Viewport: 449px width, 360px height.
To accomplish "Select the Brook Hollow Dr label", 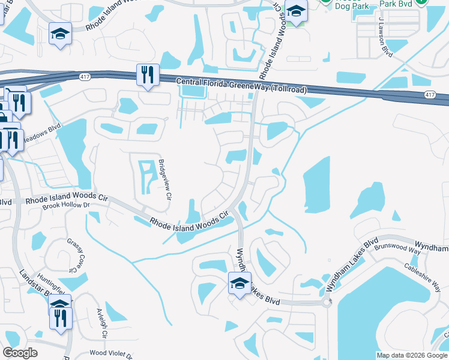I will (x=65, y=205).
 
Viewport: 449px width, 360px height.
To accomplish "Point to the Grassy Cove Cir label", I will (x=76, y=256).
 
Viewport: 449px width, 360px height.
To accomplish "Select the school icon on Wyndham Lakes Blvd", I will (x=240, y=284).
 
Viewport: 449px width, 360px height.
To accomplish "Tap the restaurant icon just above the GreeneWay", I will (x=148, y=75).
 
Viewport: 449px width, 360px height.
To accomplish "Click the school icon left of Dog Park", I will (x=295, y=12).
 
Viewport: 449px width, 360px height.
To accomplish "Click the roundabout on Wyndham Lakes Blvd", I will (x=327, y=302).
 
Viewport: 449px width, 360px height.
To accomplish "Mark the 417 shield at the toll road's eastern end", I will (x=430, y=95).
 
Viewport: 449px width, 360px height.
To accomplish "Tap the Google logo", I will (x=20, y=353).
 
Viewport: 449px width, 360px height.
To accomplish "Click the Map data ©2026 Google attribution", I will (x=412, y=355).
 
